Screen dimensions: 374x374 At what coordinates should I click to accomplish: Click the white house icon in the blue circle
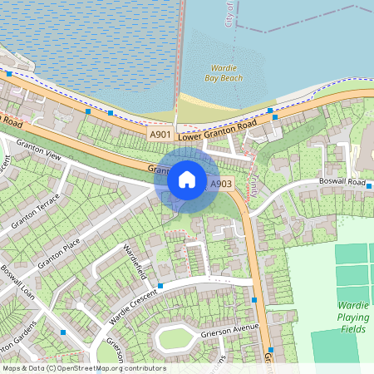coord(187,180)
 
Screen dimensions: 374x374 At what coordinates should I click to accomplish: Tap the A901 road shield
coord(160,134)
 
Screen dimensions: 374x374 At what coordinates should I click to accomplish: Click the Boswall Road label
coord(342,181)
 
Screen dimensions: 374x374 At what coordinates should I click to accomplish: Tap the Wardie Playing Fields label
coord(352,316)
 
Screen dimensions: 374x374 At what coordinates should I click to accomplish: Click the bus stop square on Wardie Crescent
coord(160,285)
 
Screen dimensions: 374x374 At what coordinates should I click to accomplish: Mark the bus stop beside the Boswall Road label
coord(368,188)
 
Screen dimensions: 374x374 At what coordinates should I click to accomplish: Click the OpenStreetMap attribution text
coord(83,368)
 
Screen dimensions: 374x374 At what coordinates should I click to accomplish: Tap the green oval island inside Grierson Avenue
coord(175,338)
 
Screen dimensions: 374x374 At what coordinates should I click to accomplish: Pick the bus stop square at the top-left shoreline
coord(9,73)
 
